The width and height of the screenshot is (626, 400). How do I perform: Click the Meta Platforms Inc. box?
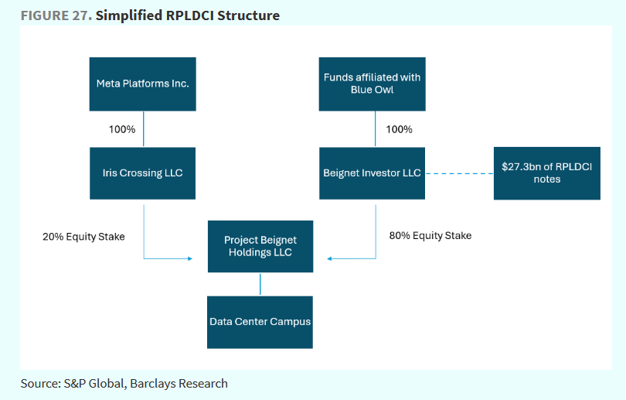(142, 84)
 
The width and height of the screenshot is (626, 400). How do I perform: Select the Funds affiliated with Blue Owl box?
(372, 84)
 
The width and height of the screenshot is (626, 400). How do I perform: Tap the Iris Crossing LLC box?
(142, 173)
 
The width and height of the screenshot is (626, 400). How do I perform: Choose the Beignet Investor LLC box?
(372, 173)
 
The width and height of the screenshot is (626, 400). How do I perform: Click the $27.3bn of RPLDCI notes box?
(546, 173)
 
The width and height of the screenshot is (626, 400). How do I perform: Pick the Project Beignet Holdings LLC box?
(260, 246)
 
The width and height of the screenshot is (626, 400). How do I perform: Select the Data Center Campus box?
(260, 321)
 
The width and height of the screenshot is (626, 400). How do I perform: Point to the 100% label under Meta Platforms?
(121, 129)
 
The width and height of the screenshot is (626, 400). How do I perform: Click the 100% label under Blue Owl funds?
(398, 129)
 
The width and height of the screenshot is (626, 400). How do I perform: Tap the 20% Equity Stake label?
(83, 236)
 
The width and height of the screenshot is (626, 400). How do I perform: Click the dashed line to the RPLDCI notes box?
(459, 173)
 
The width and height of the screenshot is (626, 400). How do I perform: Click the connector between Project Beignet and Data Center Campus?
(260, 284)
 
